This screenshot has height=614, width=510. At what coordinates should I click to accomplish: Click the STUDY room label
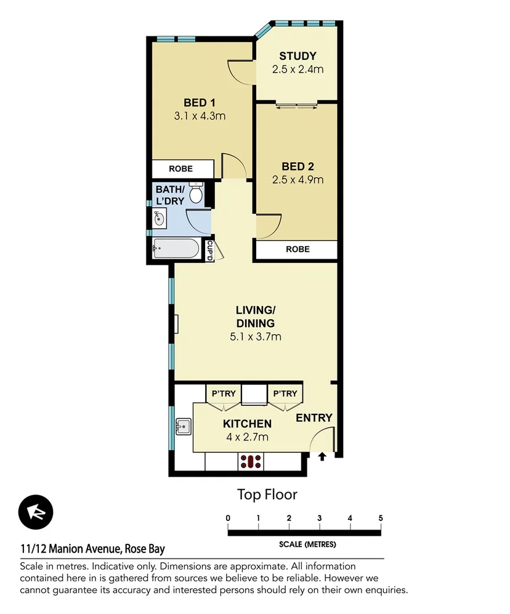[x=297, y=57]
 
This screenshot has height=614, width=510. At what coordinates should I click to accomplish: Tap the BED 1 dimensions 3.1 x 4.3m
[x=199, y=115]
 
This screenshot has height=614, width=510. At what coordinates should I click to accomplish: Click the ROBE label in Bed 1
[x=180, y=169]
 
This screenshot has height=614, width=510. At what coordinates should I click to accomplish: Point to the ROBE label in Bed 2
[x=297, y=249]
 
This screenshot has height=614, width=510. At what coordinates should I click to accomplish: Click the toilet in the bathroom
[x=196, y=193]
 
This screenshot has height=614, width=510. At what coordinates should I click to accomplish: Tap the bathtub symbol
[x=177, y=250]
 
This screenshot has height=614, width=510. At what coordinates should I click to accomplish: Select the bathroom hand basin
[x=159, y=217]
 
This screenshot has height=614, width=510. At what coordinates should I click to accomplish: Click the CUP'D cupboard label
[x=210, y=250]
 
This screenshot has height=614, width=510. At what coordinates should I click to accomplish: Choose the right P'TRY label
[x=285, y=394]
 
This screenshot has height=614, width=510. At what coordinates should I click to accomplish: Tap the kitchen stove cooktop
[x=251, y=461]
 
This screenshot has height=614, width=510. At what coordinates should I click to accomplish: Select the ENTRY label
[x=314, y=418]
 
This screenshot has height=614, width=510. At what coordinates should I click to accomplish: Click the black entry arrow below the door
[x=322, y=456]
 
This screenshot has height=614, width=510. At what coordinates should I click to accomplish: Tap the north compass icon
[x=36, y=512]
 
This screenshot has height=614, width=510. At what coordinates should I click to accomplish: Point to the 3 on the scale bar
[x=319, y=518]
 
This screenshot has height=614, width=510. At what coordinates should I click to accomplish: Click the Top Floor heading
[x=267, y=494]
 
